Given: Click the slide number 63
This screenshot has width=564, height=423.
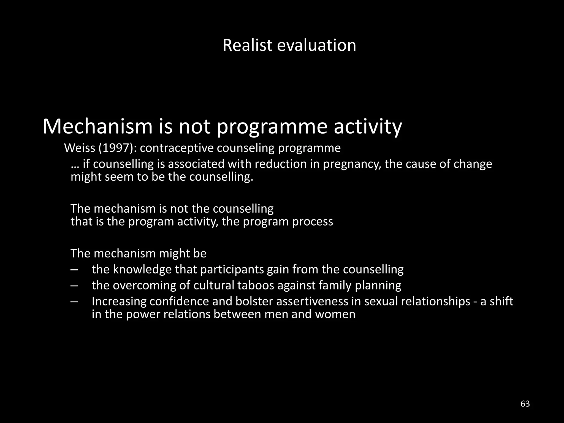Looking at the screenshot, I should point(525,404).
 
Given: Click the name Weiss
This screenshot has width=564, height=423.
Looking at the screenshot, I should point(78,148).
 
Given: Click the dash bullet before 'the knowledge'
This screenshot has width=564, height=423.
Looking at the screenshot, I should point(74,270).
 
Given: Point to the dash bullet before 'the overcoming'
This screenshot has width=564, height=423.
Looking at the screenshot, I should point(74,286).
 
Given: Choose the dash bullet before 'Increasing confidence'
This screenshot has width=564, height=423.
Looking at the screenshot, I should point(74,302).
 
